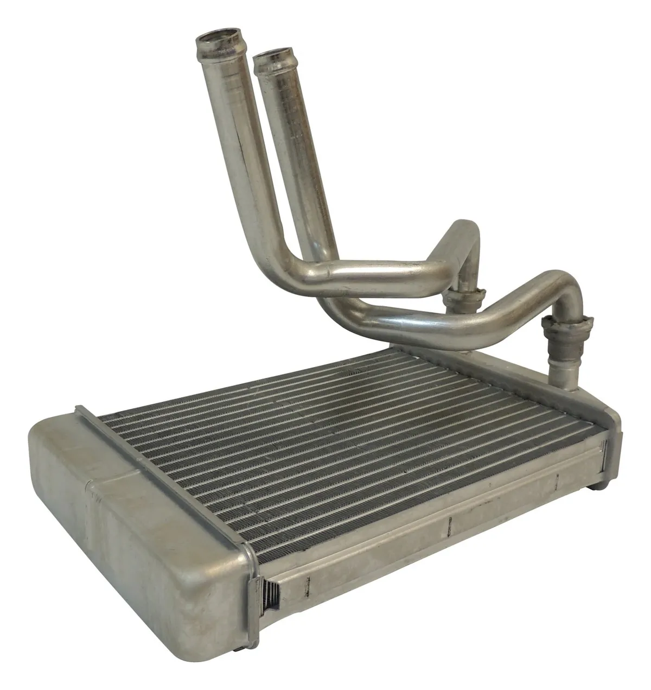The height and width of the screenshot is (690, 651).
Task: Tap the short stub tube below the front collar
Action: point(561,369)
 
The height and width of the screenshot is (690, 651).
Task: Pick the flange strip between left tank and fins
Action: point(163,467)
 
